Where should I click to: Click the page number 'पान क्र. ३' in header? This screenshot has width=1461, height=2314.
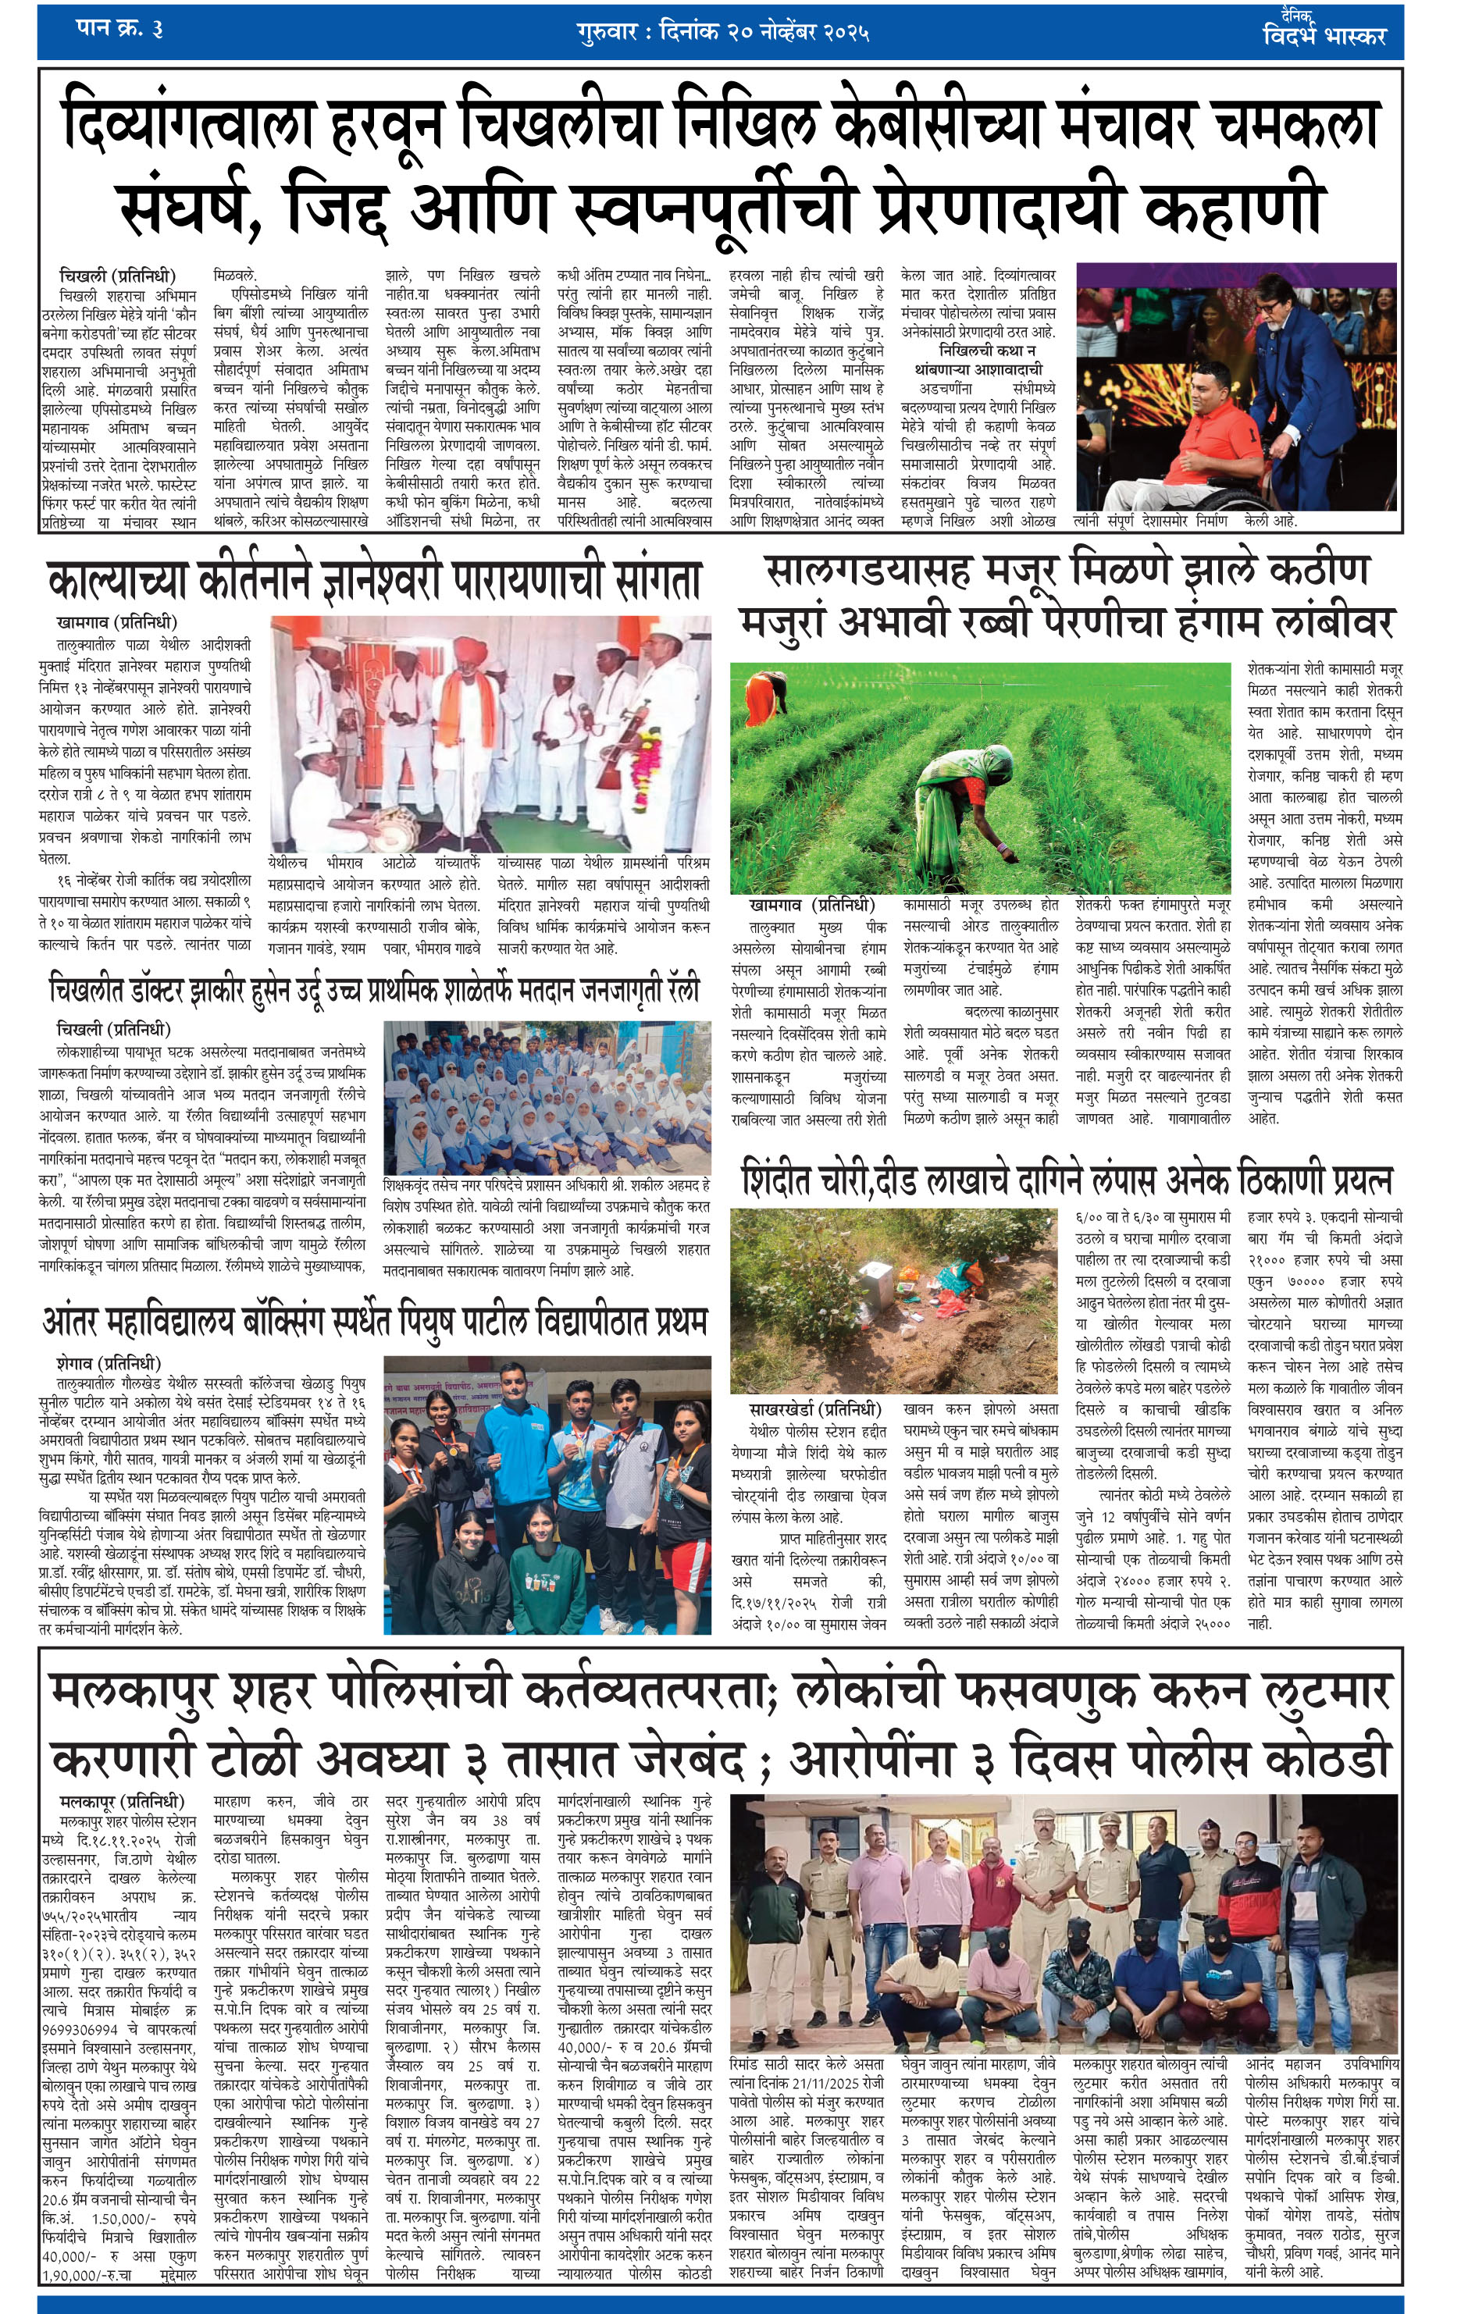119,30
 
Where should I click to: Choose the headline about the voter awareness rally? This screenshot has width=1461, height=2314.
375,990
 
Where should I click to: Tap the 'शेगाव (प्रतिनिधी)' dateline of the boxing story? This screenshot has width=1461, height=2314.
109,1365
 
